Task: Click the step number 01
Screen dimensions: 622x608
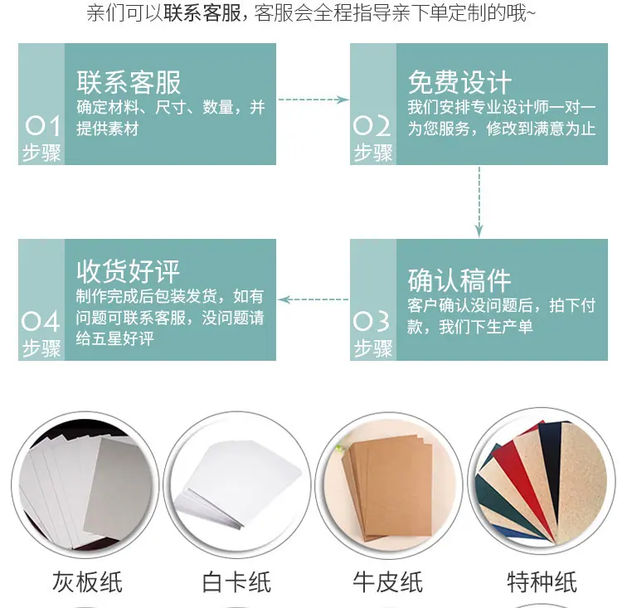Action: (x=42, y=125)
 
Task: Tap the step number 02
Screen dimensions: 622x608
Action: (x=372, y=125)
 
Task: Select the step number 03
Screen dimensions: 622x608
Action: (x=372, y=321)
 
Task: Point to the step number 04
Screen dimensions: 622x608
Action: (x=41, y=321)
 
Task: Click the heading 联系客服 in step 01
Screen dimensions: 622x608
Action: (x=129, y=83)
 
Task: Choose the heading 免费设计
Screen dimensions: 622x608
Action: (x=459, y=83)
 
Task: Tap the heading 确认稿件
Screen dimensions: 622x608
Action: (x=459, y=280)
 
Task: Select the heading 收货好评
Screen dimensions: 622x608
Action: (x=128, y=271)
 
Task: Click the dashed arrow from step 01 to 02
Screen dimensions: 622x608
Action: (x=313, y=100)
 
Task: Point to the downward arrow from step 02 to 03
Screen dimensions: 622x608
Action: (x=479, y=202)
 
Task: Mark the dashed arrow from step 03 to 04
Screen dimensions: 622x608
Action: (x=313, y=299)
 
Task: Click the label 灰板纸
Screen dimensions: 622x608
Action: (x=87, y=582)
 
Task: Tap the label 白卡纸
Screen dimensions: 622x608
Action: (x=237, y=582)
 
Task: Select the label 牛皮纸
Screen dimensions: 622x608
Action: (x=388, y=582)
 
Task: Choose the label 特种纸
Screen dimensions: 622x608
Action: (x=542, y=582)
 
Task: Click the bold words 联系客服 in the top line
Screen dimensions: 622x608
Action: (x=202, y=13)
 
